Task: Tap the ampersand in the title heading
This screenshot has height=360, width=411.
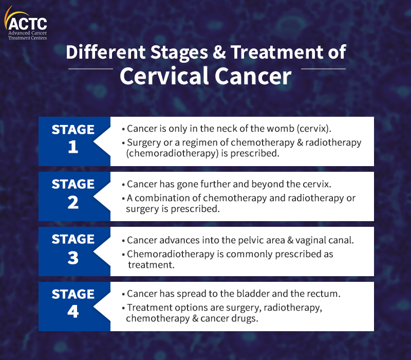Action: [x=218, y=52]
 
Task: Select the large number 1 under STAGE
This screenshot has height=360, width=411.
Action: [x=73, y=148]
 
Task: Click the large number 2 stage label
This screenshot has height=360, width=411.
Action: [x=73, y=203]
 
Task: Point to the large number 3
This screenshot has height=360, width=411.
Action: [x=73, y=258]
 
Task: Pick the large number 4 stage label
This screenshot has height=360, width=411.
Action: [x=73, y=312]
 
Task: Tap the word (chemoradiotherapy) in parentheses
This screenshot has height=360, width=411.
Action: [x=169, y=153]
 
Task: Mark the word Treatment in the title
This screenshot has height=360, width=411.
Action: [x=276, y=52]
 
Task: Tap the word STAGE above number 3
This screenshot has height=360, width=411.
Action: [x=73, y=239]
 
